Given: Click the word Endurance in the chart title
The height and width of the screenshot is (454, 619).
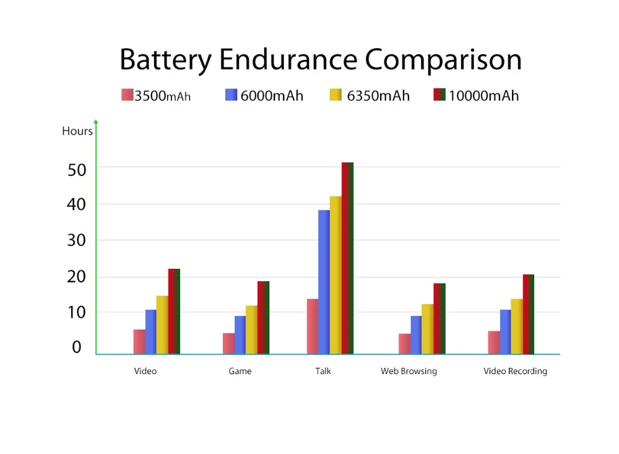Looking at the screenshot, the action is point(288,59).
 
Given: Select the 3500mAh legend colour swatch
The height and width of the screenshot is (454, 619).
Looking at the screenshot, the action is point(127,95).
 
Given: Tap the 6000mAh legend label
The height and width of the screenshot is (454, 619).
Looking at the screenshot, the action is point(272,95).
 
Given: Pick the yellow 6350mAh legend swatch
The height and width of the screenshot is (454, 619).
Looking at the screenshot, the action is point(335,95).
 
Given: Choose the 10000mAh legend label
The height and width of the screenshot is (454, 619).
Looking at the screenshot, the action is point(483,95).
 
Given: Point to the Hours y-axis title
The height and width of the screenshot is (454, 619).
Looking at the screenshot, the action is point(77,131).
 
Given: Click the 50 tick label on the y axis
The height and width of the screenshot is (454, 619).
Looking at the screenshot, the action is point(77,170).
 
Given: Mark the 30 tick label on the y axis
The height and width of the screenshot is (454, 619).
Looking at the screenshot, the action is point(76,240).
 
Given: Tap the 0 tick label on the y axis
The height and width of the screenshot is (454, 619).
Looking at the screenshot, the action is point(77,347).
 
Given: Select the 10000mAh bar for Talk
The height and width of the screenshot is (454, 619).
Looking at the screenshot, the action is point(347,258).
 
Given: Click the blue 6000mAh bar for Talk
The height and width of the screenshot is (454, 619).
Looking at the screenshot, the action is point(324,282).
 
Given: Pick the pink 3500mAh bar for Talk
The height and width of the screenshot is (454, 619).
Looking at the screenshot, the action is point(313,326).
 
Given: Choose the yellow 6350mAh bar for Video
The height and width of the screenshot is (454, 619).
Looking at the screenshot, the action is point(162,325).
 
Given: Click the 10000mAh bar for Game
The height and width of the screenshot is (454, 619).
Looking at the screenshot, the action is point(263,318).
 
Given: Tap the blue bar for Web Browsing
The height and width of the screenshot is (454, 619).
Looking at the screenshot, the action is point(416,335).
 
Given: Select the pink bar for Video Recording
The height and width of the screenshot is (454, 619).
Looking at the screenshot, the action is point(494,343).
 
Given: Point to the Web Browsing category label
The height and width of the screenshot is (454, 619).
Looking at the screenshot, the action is point(409,371).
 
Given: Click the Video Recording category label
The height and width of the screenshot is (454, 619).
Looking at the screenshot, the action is point(515,371).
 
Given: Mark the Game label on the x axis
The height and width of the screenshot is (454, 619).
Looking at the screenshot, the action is point(240,371).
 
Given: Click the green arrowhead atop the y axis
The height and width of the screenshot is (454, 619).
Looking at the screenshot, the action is point(96,121).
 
